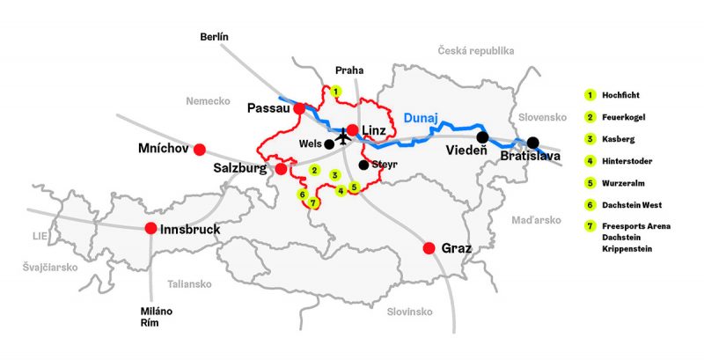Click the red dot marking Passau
point(299,108)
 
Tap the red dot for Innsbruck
point(150,229)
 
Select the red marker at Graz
point(429,248)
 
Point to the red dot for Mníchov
point(200,149)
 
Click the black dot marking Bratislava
point(532,142)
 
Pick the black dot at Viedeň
point(482,137)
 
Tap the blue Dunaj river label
point(420,117)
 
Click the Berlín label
point(214,36)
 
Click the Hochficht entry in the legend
point(620,93)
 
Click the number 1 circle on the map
point(334,91)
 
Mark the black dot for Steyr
point(363,165)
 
